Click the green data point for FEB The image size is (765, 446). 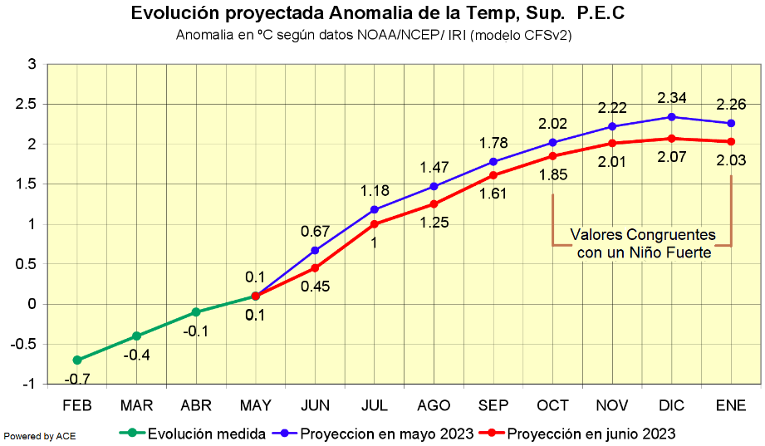pos(77,360)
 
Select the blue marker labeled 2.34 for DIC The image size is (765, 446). pos(672,117)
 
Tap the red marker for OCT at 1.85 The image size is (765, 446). pos(553,156)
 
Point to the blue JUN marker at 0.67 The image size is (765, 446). pos(315,250)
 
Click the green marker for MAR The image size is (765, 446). pos(136,336)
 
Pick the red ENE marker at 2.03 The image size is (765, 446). pos(731,141)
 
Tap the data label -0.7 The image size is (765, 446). pos(77,380)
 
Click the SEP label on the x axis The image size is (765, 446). pos(493,405)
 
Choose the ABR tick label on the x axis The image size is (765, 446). pos(196,405)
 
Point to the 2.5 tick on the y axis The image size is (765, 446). pos(27,104)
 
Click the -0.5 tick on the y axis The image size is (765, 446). pos(25,344)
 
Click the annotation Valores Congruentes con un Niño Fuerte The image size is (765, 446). pos(643,244)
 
